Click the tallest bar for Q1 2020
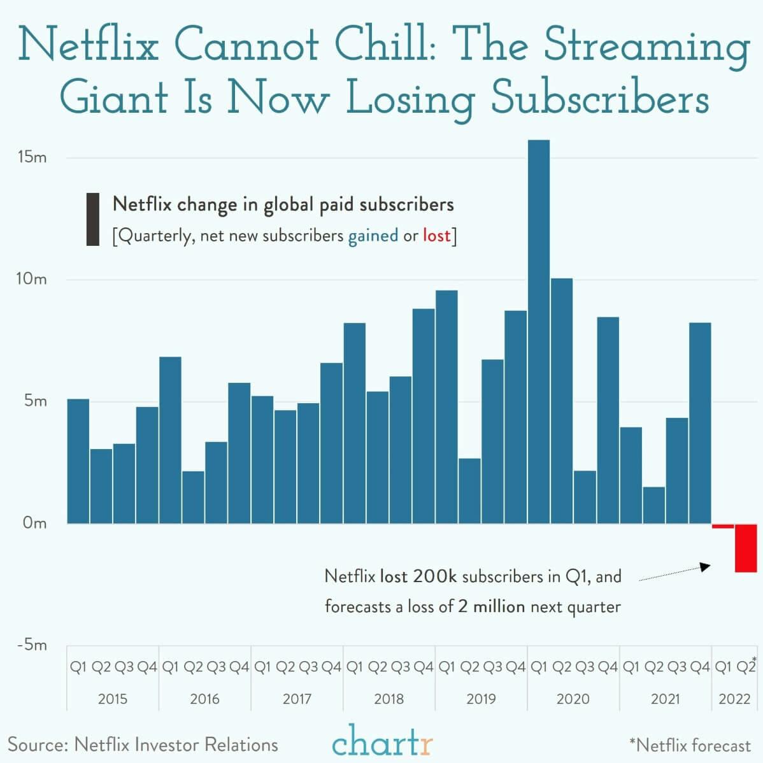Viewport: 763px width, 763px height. click(538, 331)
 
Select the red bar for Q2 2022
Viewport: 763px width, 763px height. click(746, 548)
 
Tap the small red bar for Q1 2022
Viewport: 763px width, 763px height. click(723, 526)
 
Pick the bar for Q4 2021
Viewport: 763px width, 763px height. click(700, 423)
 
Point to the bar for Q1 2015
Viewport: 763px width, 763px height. click(78, 461)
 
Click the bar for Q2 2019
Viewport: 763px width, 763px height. click(469, 490)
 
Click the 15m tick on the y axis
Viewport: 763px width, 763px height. click(32, 158)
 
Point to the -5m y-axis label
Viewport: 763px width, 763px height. click(32, 645)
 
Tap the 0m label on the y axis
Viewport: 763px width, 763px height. click(34, 524)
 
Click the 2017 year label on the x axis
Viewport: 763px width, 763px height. click(297, 699)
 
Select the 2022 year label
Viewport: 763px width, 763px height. click(734, 699)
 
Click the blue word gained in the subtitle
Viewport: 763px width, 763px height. click(373, 236)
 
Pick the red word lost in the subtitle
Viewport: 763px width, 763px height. click(436, 236)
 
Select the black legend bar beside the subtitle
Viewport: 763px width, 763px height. click(93, 219)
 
